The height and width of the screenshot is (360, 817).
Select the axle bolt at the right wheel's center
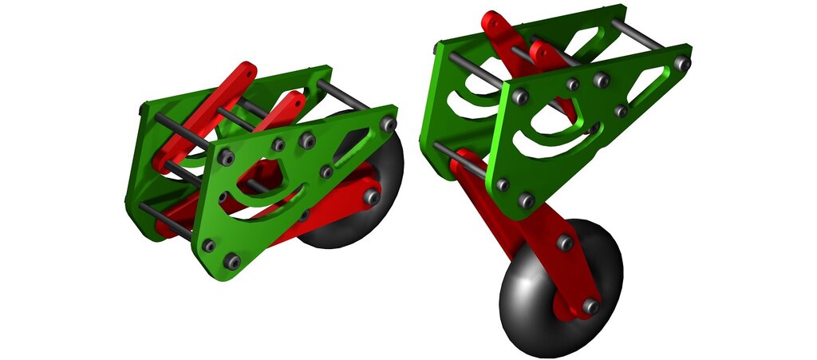click(590, 306)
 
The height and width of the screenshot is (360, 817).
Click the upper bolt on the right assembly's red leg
click(565, 242)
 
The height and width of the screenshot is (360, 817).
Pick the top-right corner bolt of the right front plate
click(681, 62)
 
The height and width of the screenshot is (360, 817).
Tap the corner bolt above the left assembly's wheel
click(389, 124)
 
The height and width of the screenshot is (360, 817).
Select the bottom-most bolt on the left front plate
click(231, 261)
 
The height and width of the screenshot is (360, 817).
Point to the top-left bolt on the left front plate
click(225, 158)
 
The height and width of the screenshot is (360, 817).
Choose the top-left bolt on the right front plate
click(519, 97)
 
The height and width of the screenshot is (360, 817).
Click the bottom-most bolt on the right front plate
click(525, 200)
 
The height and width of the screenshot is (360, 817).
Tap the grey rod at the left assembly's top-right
click(343, 93)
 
